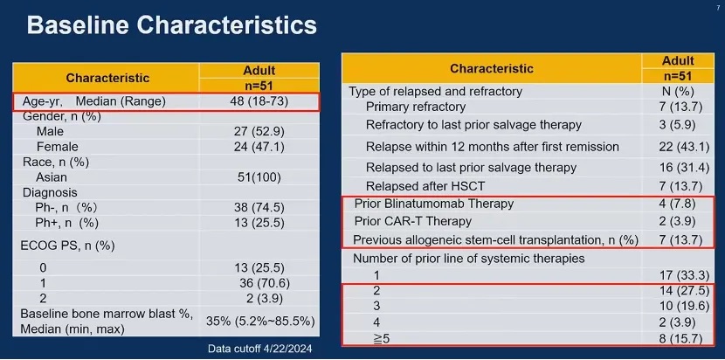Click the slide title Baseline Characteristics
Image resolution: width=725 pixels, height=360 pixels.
[171, 25]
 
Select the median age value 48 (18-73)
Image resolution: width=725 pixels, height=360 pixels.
[259, 100]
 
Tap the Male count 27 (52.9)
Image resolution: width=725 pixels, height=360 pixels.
[259, 132]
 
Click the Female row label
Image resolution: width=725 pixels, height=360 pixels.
[58, 147]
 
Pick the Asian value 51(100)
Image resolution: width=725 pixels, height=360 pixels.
[259, 177]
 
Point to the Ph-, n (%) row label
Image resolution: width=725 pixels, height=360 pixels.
[67, 207]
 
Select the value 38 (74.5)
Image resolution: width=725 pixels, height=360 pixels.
[259, 207]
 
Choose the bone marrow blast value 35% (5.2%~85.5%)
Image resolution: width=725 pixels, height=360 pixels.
[260, 321]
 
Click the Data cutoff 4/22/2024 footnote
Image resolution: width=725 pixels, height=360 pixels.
[259, 349]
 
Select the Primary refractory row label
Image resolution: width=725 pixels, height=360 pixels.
[416, 107]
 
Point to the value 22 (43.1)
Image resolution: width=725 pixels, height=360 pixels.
[684, 147]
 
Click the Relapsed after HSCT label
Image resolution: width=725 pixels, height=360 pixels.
[425, 186]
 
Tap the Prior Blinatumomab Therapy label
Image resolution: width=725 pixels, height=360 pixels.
[434, 204]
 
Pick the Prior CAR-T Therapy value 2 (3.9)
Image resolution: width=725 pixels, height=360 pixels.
[677, 221]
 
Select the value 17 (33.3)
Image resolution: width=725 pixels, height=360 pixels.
[684, 275]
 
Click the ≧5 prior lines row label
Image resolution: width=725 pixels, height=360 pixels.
[382, 339]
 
